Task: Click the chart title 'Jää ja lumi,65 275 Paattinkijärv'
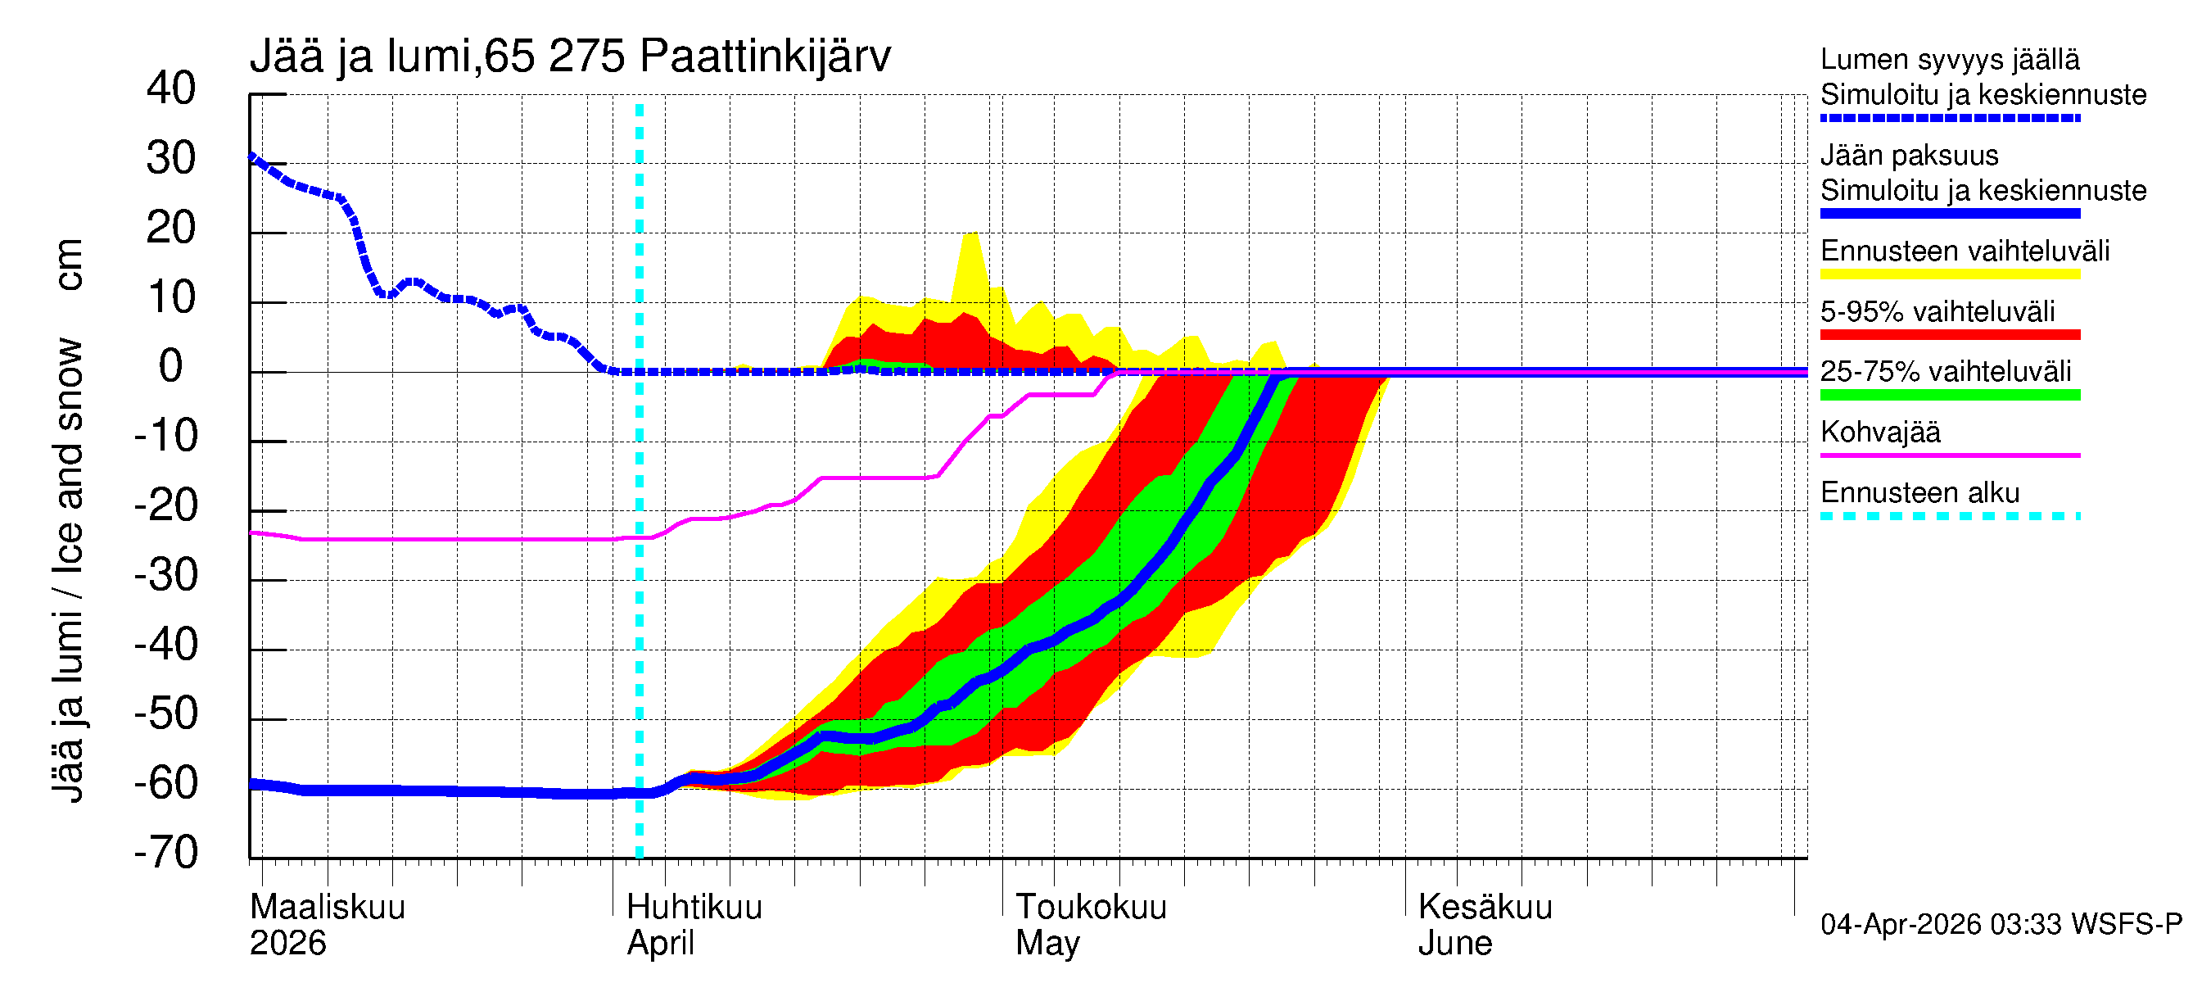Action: (x=570, y=57)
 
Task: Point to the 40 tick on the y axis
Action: (x=171, y=88)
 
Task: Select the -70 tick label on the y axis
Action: (x=165, y=853)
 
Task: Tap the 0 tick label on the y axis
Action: (x=171, y=367)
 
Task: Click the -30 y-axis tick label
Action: (x=165, y=575)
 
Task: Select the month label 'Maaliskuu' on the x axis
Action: (x=327, y=908)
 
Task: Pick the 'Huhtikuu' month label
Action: (x=694, y=908)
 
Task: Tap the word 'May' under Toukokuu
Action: (x=1047, y=944)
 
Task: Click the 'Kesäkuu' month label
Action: (x=1485, y=908)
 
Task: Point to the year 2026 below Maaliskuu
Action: (x=287, y=944)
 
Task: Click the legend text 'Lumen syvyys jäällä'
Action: (x=1949, y=59)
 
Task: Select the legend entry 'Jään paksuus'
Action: (x=1909, y=156)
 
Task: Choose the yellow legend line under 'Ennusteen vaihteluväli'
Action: (x=1949, y=274)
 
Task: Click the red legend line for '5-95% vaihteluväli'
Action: (x=1949, y=335)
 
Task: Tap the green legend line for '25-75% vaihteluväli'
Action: (x=1949, y=395)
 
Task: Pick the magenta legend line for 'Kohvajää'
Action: (x=1949, y=455)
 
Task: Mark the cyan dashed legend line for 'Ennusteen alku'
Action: (x=1949, y=516)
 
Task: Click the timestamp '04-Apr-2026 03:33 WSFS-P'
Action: (x=2000, y=925)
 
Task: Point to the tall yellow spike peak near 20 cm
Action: (x=970, y=235)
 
